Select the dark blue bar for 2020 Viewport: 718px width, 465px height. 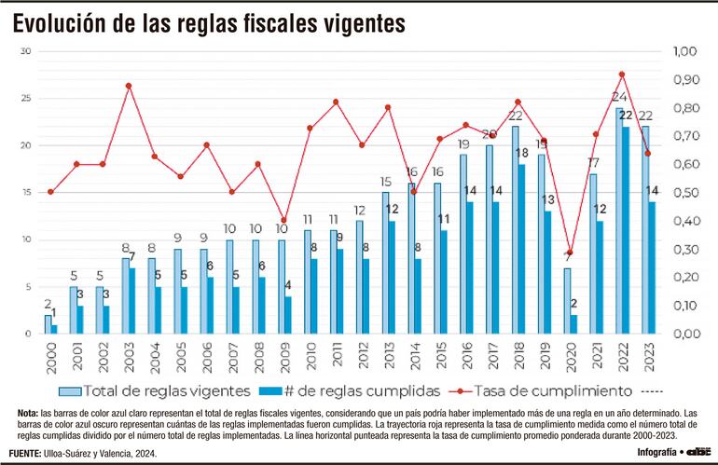tap(573, 323)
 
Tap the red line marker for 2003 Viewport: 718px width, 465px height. tap(129, 86)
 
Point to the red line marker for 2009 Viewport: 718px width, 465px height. tap(283, 221)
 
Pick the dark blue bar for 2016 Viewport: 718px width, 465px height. tap(470, 267)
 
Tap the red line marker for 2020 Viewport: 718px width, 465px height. tap(568, 253)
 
